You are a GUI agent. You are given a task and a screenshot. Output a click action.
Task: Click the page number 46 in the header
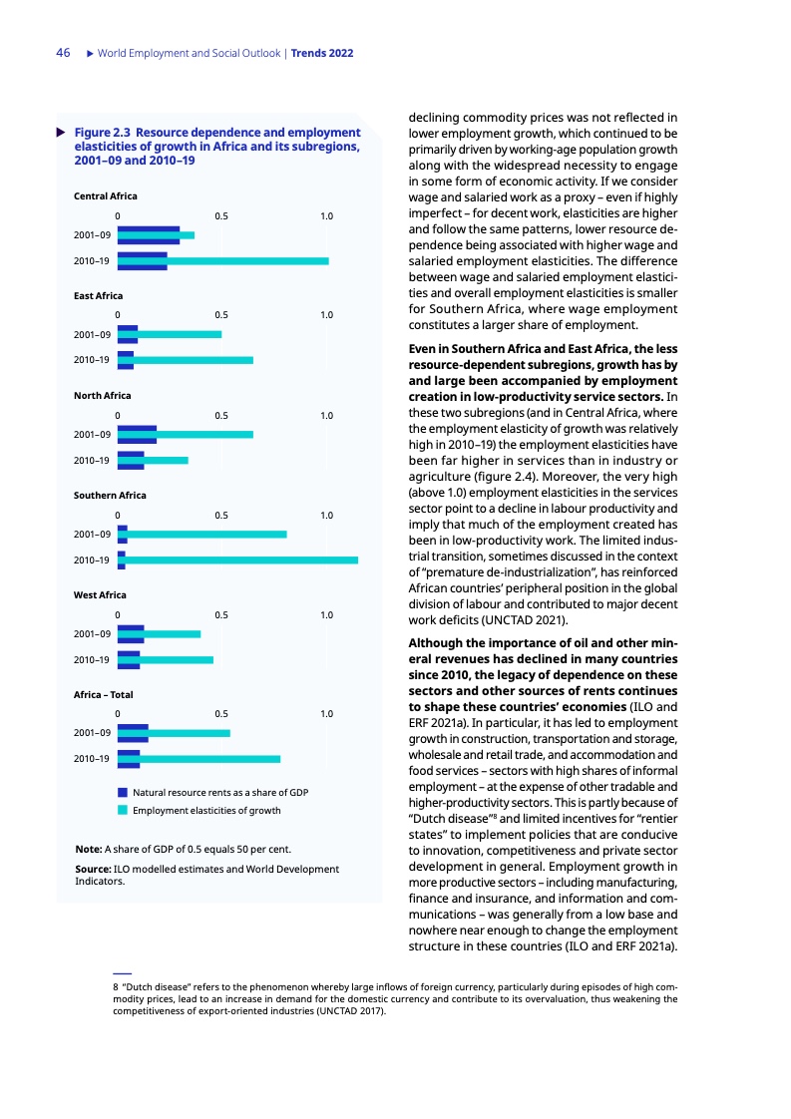point(62,53)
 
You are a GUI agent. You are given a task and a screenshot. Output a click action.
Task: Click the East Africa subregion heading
point(99,296)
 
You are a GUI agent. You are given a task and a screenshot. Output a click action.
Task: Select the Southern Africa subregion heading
point(110,496)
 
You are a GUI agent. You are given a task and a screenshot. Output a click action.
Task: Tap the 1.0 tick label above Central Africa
point(326,216)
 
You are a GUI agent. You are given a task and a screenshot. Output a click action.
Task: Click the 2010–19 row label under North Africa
point(91,461)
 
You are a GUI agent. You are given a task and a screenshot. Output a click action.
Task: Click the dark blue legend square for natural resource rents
point(123,792)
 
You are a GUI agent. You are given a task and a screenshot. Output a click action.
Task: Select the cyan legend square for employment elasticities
point(123,810)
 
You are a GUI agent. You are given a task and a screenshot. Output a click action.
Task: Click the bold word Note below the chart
point(88,850)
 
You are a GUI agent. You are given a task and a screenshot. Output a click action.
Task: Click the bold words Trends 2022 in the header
point(323,53)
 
